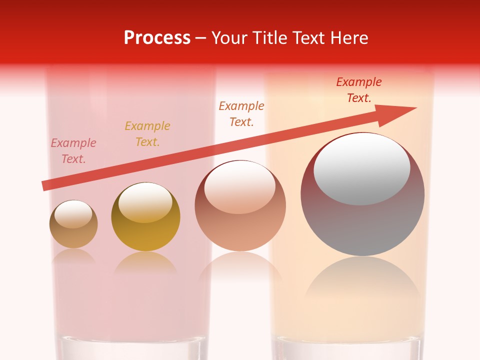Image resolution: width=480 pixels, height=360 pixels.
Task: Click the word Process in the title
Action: pos(157,37)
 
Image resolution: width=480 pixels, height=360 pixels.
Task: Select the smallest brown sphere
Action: pos(73,235)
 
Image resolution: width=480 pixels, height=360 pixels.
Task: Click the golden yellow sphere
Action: pos(145,235)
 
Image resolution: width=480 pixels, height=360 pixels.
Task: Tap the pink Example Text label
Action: pos(73,151)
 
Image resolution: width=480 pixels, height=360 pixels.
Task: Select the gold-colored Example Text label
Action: pos(147,134)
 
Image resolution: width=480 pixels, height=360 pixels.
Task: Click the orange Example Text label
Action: pos(241,113)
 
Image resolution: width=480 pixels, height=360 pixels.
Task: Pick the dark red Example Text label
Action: pos(359,90)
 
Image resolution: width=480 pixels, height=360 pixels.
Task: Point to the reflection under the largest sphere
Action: pos(362,280)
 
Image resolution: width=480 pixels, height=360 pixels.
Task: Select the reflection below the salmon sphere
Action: pos(240,267)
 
